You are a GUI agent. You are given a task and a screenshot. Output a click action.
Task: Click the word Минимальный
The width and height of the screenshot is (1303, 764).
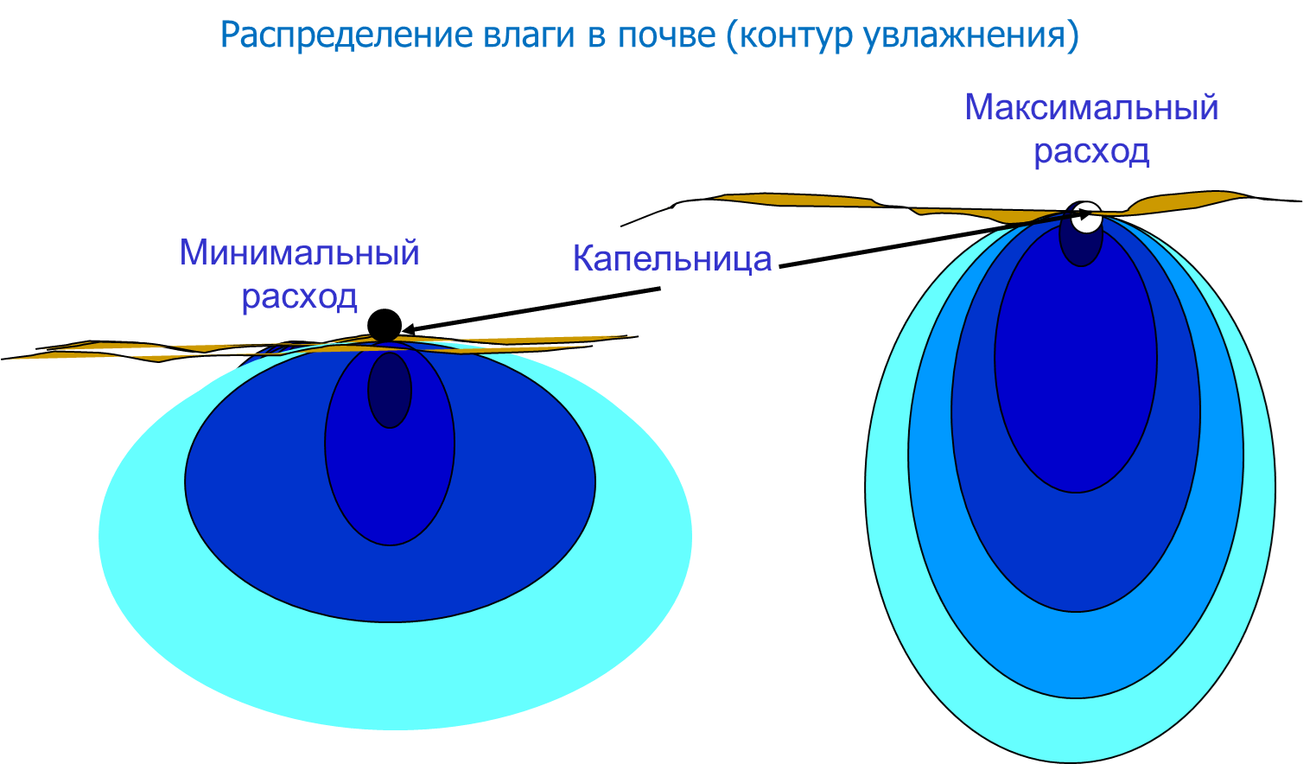pos(299,252)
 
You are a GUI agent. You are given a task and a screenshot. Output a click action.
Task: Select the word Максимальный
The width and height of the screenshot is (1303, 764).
pos(1091,108)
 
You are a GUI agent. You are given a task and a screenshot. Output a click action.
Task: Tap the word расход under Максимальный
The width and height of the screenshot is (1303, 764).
pos(1091,151)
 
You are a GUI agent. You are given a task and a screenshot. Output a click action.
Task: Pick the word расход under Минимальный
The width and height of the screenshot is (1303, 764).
pos(299,296)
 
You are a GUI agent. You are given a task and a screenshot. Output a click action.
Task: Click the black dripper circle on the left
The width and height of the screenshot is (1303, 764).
pos(385,326)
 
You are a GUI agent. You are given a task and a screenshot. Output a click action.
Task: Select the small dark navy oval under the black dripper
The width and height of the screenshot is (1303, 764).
pos(390,391)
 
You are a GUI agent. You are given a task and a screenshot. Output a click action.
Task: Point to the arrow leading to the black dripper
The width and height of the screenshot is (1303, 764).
pos(531,309)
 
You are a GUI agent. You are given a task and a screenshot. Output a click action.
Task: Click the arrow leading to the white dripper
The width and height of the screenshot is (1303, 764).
pos(935,239)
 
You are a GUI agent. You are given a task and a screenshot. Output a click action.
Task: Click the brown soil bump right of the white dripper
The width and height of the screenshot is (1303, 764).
pos(1186,202)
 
